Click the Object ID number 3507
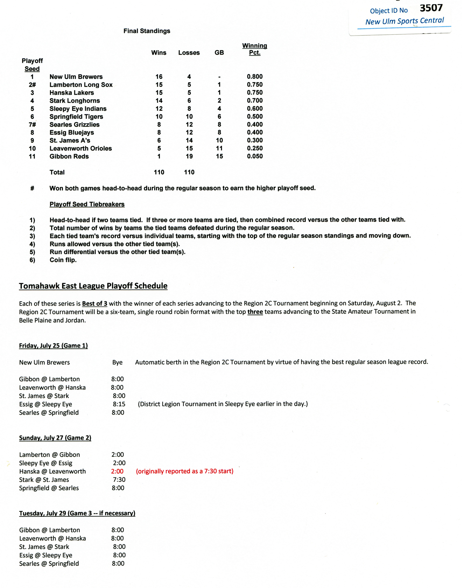431,8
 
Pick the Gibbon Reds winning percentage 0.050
254,156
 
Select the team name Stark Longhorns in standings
75,101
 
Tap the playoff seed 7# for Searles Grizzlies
32,124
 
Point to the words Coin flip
63,260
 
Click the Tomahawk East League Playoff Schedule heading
93,286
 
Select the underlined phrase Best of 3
94,303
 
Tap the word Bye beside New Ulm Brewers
117,362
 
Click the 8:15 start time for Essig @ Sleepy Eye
119,404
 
